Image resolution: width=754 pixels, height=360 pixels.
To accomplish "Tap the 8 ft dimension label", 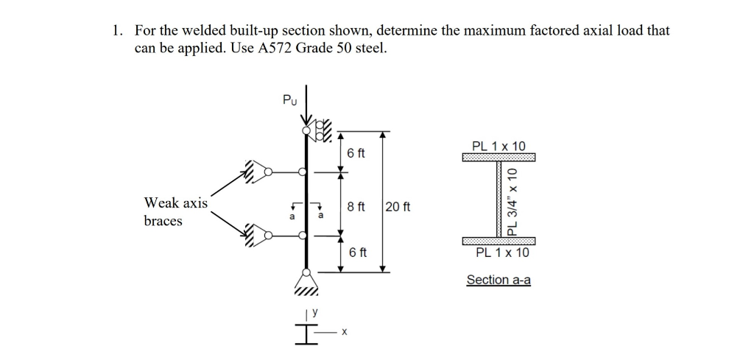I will click(356, 207).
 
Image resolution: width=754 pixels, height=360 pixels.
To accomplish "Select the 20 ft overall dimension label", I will click(398, 207).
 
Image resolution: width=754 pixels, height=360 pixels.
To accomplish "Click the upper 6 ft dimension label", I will click(356, 153).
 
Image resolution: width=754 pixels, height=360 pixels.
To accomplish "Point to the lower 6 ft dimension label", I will click(358, 253).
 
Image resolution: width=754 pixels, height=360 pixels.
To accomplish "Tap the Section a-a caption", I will click(498, 280).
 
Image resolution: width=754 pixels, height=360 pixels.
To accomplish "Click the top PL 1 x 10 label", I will click(499, 146).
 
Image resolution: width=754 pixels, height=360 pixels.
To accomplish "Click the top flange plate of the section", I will click(498, 158).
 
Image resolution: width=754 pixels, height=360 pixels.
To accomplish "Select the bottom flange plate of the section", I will click(498, 241).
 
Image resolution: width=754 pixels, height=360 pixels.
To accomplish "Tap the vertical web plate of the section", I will click(498, 200).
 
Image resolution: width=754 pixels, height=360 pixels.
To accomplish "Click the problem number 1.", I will click(116, 31).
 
